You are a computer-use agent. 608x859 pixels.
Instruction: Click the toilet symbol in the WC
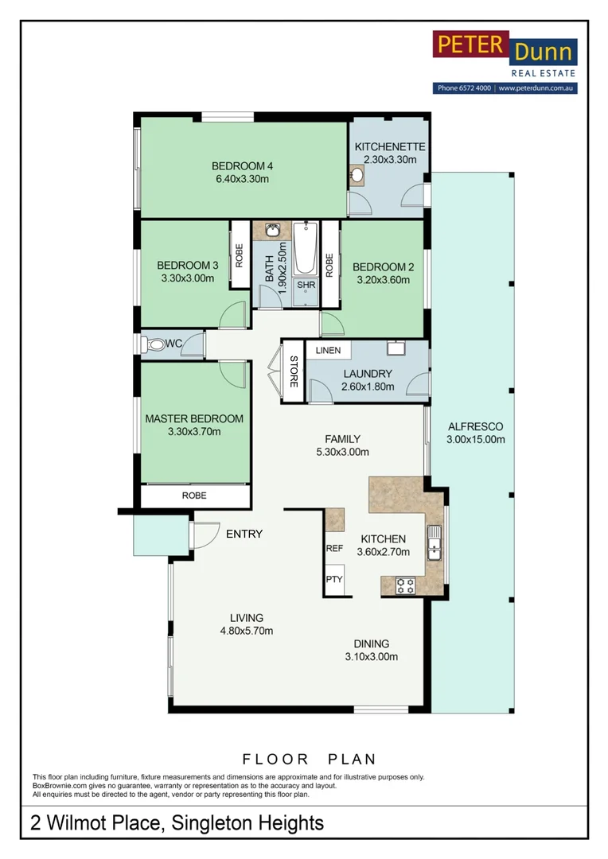155,345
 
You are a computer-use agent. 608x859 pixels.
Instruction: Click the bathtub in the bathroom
306,251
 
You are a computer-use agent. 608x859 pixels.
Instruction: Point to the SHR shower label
306,286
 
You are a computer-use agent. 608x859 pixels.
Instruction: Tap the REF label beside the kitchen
334,549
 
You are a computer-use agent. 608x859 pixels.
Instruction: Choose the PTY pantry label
334,579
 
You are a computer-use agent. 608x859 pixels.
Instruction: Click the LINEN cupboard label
328,350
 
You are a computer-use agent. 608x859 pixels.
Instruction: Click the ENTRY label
244,534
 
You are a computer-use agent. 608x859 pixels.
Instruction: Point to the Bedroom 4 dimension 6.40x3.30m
242,179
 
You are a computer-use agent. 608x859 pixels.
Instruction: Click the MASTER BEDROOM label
194,418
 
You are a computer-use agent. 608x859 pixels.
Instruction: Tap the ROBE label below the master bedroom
194,496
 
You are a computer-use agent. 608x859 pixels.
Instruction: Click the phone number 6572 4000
465,89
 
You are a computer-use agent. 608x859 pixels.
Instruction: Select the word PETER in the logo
470,45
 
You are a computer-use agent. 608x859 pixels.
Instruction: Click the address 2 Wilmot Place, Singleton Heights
177,822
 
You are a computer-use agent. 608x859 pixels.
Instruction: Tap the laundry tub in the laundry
396,348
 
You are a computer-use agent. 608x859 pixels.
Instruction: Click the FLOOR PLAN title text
309,760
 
